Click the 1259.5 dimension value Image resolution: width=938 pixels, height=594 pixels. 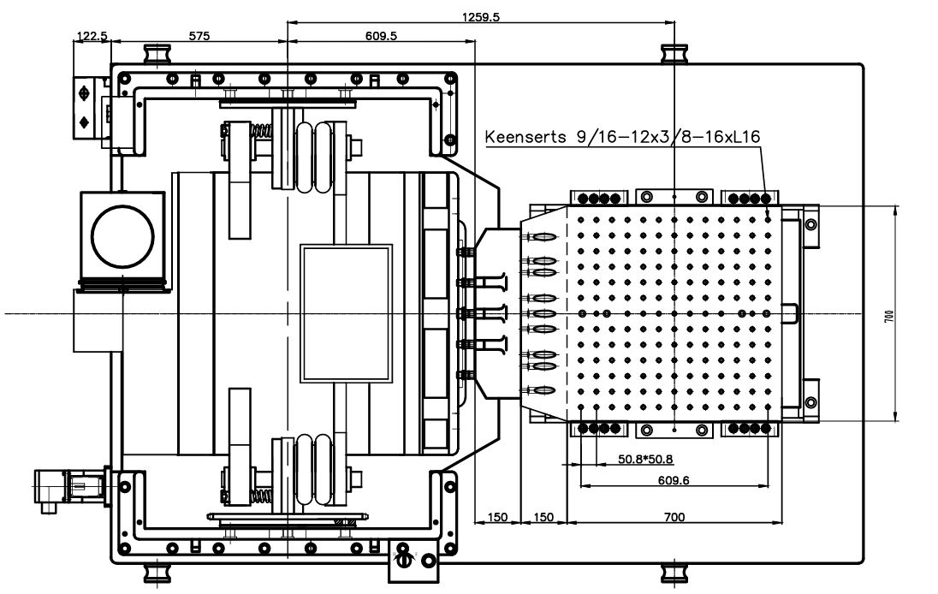click(x=480, y=16)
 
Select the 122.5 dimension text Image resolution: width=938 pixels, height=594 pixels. click(x=92, y=36)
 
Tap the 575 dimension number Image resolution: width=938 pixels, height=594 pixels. click(x=199, y=36)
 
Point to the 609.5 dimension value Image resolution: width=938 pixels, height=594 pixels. click(x=381, y=36)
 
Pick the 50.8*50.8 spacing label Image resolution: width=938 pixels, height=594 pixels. click(x=645, y=460)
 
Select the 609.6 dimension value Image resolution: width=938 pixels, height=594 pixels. click(x=674, y=480)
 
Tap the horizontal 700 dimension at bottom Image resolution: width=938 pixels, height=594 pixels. click(x=674, y=517)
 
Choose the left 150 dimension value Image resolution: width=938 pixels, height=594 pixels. click(x=497, y=517)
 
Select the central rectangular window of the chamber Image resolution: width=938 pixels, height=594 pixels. click(x=346, y=314)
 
